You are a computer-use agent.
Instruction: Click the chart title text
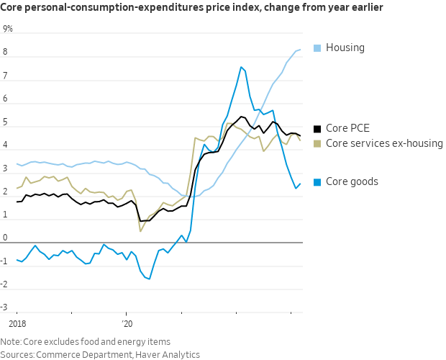[x=191, y=8]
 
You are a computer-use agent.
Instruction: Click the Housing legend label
[x=345, y=48]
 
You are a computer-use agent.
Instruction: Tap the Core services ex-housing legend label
[x=384, y=143]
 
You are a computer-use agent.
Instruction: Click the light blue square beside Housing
[x=317, y=48]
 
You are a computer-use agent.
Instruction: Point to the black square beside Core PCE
[x=317, y=130]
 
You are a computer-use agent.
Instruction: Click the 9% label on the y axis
[x=8, y=29]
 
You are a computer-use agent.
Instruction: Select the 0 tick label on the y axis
[x=6, y=238]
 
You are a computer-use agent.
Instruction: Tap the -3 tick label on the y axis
[x=6, y=307]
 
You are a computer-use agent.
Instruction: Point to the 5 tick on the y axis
[x=6, y=122]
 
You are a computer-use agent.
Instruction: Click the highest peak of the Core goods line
[x=241, y=67]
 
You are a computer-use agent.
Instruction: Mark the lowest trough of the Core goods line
[x=150, y=279]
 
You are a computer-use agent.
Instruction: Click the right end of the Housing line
[x=300, y=49]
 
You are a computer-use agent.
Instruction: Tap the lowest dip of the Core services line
[x=140, y=231]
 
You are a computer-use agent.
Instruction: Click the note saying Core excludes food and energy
[x=86, y=341]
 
